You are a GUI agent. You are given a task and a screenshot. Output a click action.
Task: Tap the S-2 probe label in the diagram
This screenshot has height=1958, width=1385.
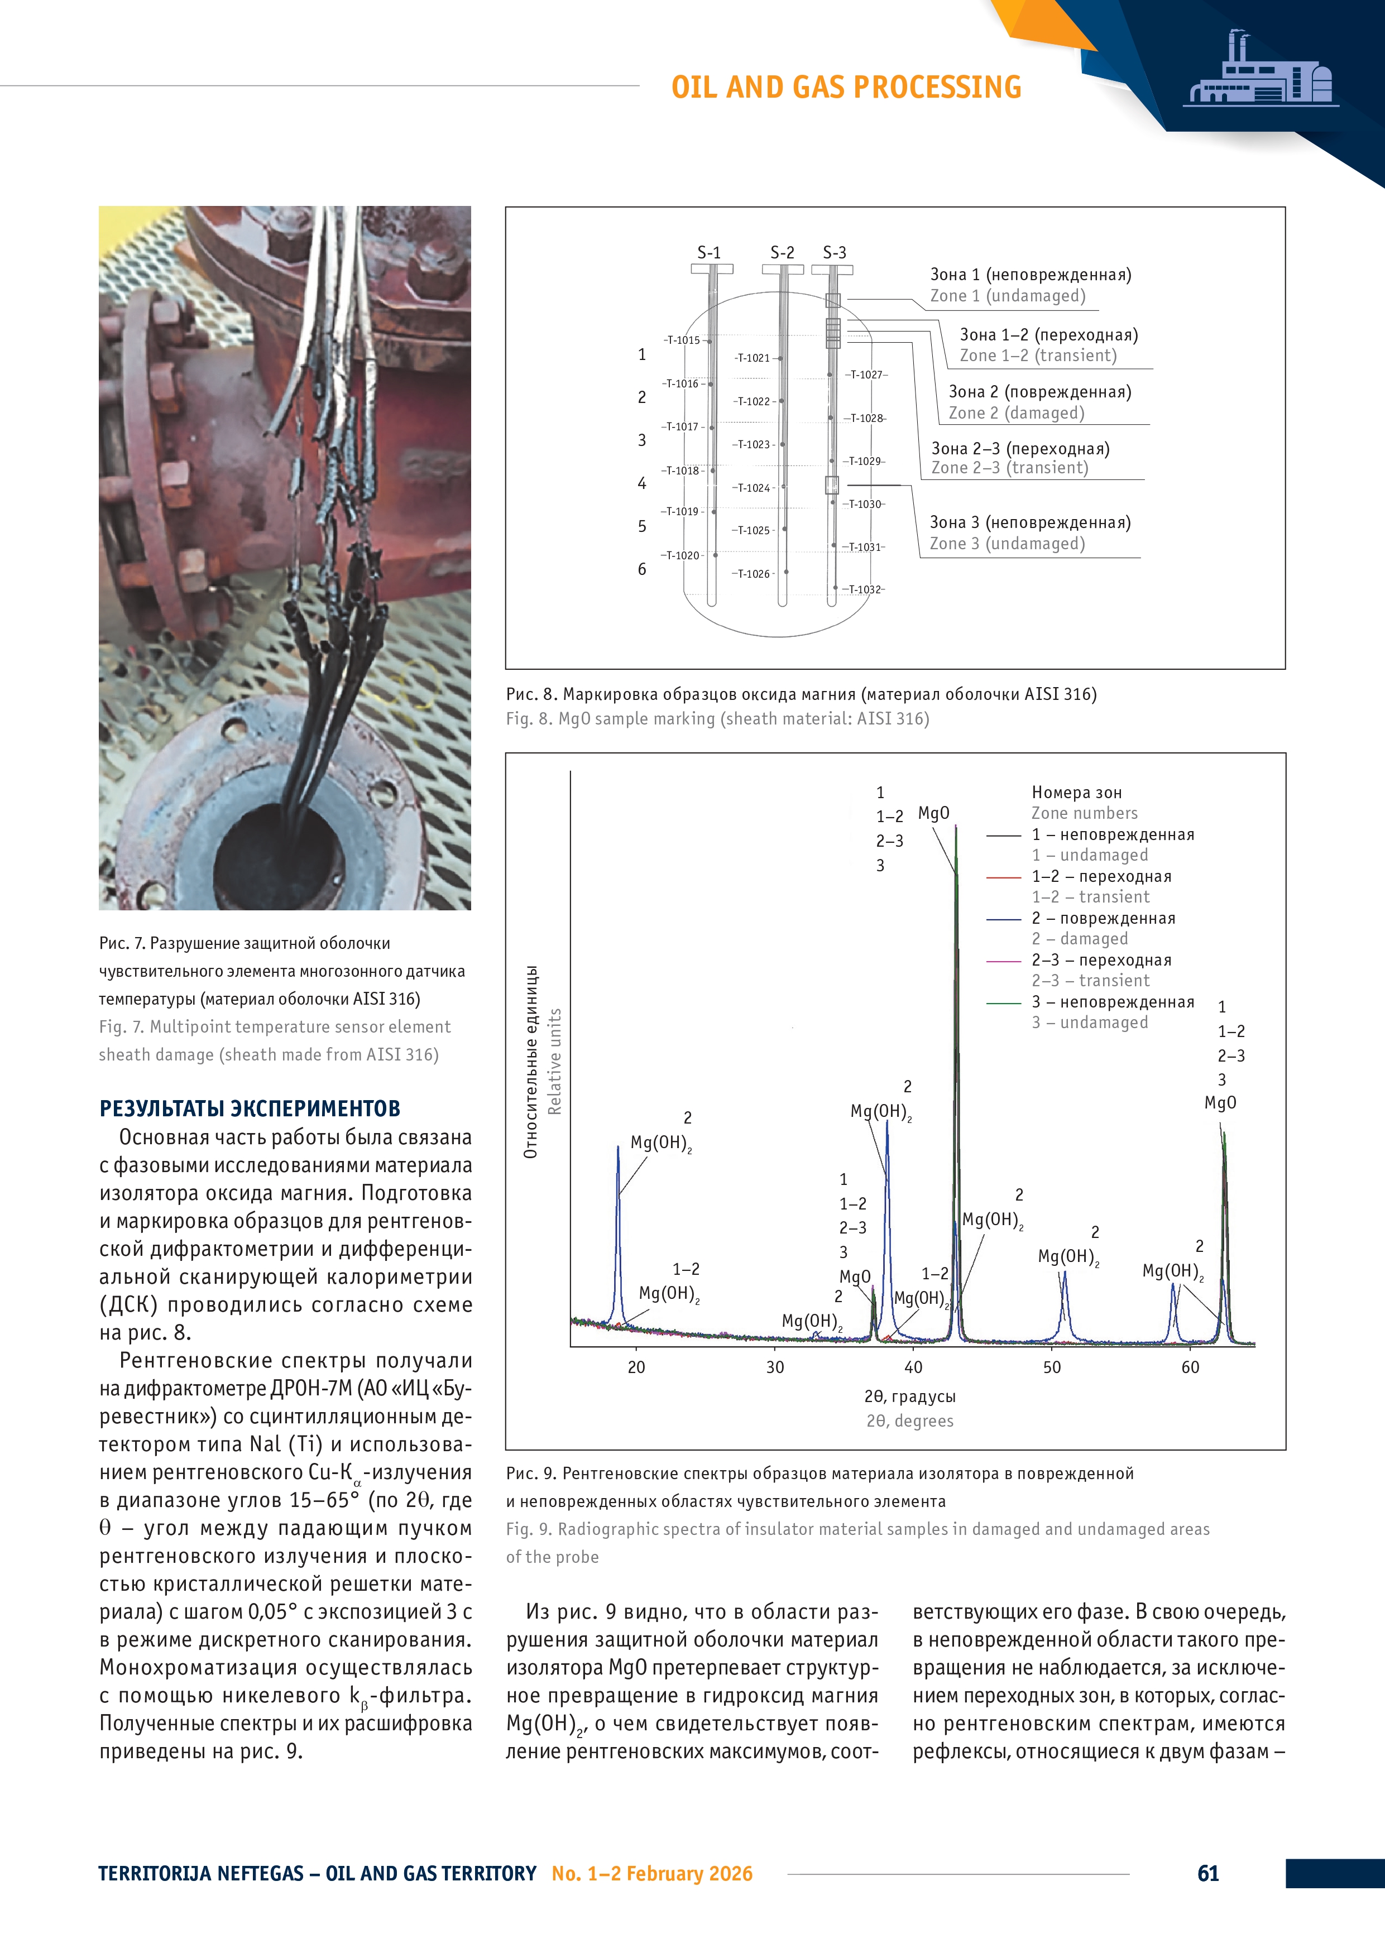pos(782,252)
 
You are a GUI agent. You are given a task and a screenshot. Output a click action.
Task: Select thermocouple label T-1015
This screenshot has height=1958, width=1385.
pos(682,340)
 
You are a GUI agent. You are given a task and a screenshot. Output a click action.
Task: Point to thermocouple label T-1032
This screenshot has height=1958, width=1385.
pos(864,589)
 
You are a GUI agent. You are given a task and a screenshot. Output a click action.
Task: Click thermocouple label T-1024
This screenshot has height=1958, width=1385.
pos(753,488)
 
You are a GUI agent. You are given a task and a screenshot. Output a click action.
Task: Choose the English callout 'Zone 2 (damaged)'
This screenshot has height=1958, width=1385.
pos(1017,412)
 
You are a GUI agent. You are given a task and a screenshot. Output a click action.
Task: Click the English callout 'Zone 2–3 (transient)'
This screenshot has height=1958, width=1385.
pos(1010,467)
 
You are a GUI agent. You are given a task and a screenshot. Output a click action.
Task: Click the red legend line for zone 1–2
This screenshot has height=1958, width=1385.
pos(1003,877)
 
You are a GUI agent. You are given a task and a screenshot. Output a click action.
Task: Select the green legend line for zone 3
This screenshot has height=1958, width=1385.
pos(1003,1003)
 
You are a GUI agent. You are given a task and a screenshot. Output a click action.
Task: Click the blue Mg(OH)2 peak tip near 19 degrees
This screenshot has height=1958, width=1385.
pos(619,1148)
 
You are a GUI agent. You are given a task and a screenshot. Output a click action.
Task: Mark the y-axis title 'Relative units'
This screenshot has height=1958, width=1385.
pos(555,1061)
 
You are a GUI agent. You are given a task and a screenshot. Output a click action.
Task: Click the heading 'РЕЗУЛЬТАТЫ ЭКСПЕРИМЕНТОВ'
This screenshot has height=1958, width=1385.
pos(250,1108)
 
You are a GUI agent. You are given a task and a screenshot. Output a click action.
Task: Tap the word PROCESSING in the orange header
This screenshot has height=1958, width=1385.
pos(937,87)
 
